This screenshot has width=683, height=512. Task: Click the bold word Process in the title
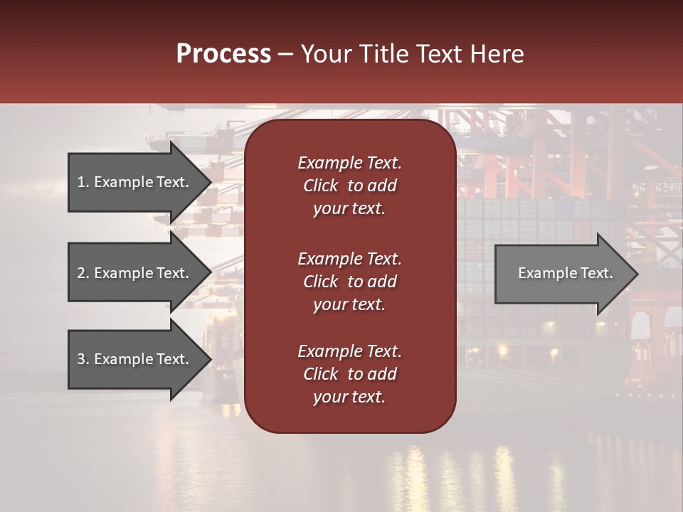(x=223, y=54)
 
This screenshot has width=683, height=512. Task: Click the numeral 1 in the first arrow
(x=81, y=182)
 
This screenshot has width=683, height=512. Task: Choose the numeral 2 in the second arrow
(x=81, y=273)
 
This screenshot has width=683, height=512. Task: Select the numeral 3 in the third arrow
(x=81, y=359)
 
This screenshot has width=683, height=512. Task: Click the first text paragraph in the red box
(x=349, y=186)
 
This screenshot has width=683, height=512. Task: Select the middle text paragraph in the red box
(x=349, y=282)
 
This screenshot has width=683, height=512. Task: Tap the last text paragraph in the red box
(x=349, y=374)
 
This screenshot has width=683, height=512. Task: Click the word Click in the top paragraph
(x=320, y=186)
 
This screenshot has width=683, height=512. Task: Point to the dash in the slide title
(x=285, y=55)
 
